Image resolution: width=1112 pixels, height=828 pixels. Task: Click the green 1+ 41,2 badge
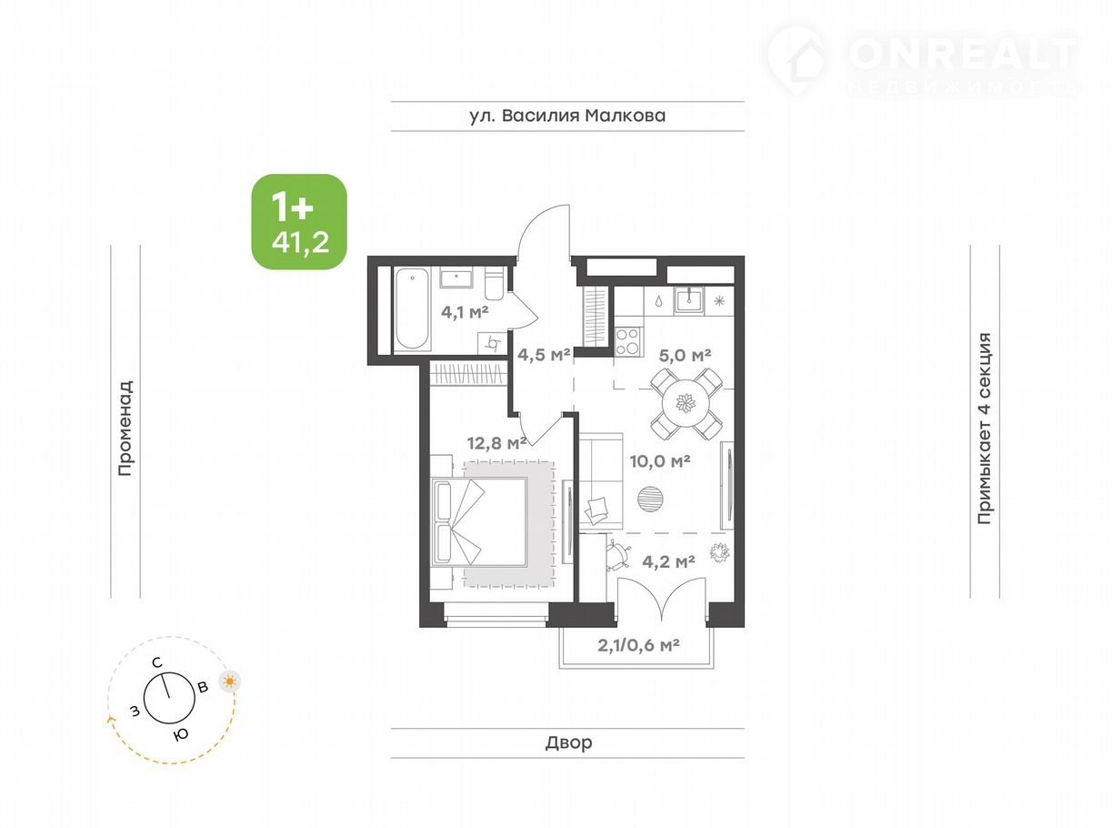(x=299, y=221)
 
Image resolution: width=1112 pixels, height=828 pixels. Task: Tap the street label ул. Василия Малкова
(x=567, y=116)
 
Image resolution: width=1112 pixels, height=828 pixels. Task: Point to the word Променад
(x=125, y=428)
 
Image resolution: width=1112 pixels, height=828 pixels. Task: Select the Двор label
(x=568, y=742)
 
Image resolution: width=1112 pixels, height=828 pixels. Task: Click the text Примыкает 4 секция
(x=985, y=428)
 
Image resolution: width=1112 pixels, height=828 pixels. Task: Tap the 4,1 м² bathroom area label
(x=465, y=312)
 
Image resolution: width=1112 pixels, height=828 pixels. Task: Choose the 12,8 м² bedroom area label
(x=496, y=443)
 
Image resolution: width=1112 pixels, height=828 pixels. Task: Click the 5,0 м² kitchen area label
(x=685, y=356)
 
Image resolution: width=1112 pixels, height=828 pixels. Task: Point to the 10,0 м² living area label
(x=660, y=460)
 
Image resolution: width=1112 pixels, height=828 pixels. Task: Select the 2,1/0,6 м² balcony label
(x=638, y=645)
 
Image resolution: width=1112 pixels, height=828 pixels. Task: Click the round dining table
(x=686, y=403)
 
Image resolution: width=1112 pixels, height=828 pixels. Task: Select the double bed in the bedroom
(x=479, y=521)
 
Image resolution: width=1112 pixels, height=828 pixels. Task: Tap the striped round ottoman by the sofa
(x=650, y=499)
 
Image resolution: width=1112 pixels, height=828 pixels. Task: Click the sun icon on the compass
(x=230, y=682)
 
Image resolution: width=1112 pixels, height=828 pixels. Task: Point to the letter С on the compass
(x=157, y=663)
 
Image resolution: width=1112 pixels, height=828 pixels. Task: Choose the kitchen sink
(x=689, y=299)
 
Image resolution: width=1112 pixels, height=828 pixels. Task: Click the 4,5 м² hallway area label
(x=544, y=355)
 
